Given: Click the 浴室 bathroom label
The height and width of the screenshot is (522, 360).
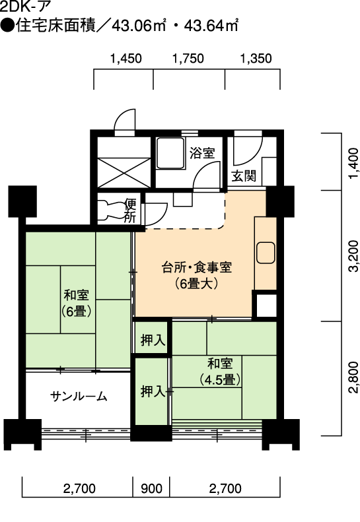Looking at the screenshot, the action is (x=202, y=153).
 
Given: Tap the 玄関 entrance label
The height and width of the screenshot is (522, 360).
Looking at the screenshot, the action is (x=244, y=176).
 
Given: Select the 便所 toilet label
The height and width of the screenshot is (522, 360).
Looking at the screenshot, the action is (x=130, y=211).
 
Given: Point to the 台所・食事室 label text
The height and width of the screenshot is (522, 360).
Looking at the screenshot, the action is (x=197, y=267).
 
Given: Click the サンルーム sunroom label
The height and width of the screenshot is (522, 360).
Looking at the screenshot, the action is (x=79, y=396).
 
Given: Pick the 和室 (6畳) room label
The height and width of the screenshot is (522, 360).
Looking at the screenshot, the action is (x=77, y=303).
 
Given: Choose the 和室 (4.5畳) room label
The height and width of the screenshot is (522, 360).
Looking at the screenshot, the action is (x=220, y=371).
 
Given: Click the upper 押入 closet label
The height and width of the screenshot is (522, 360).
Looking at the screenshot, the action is (x=153, y=340).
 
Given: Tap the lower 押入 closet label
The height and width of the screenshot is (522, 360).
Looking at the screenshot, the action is (x=153, y=391).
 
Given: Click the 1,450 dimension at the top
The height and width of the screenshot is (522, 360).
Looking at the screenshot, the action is (x=126, y=59).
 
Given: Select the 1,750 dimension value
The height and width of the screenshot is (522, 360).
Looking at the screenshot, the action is (x=188, y=59).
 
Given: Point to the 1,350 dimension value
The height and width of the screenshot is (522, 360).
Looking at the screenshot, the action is (x=256, y=59).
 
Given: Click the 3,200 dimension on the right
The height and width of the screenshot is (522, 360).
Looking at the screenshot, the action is (x=354, y=255).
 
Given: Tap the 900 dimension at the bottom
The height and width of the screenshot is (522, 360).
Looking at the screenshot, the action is (x=152, y=488).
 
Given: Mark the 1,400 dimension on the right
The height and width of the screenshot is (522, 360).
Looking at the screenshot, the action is (x=354, y=163).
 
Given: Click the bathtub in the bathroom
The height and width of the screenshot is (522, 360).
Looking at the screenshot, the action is (x=170, y=153).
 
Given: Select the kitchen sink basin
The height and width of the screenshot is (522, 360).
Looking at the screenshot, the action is (x=266, y=253).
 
